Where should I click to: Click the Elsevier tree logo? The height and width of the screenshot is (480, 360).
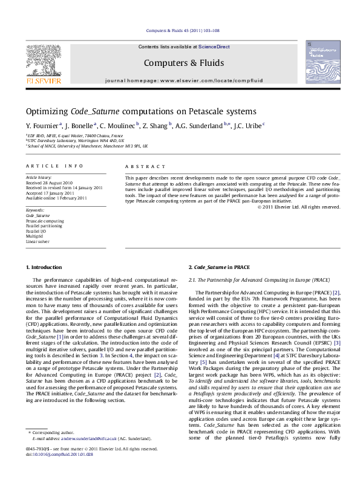click(43, 60)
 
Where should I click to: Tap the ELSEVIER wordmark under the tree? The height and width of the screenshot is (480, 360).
click(43, 80)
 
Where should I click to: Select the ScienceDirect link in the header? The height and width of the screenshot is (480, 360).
click(215, 47)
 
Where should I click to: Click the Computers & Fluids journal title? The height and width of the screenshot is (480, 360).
click(184, 63)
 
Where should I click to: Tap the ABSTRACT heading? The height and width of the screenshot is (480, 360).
click(145, 166)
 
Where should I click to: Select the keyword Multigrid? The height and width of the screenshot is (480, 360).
click(35, 236)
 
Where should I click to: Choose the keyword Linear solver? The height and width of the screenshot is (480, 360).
click(38, 241)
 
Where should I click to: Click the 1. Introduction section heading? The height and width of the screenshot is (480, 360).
click(44, 267)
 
